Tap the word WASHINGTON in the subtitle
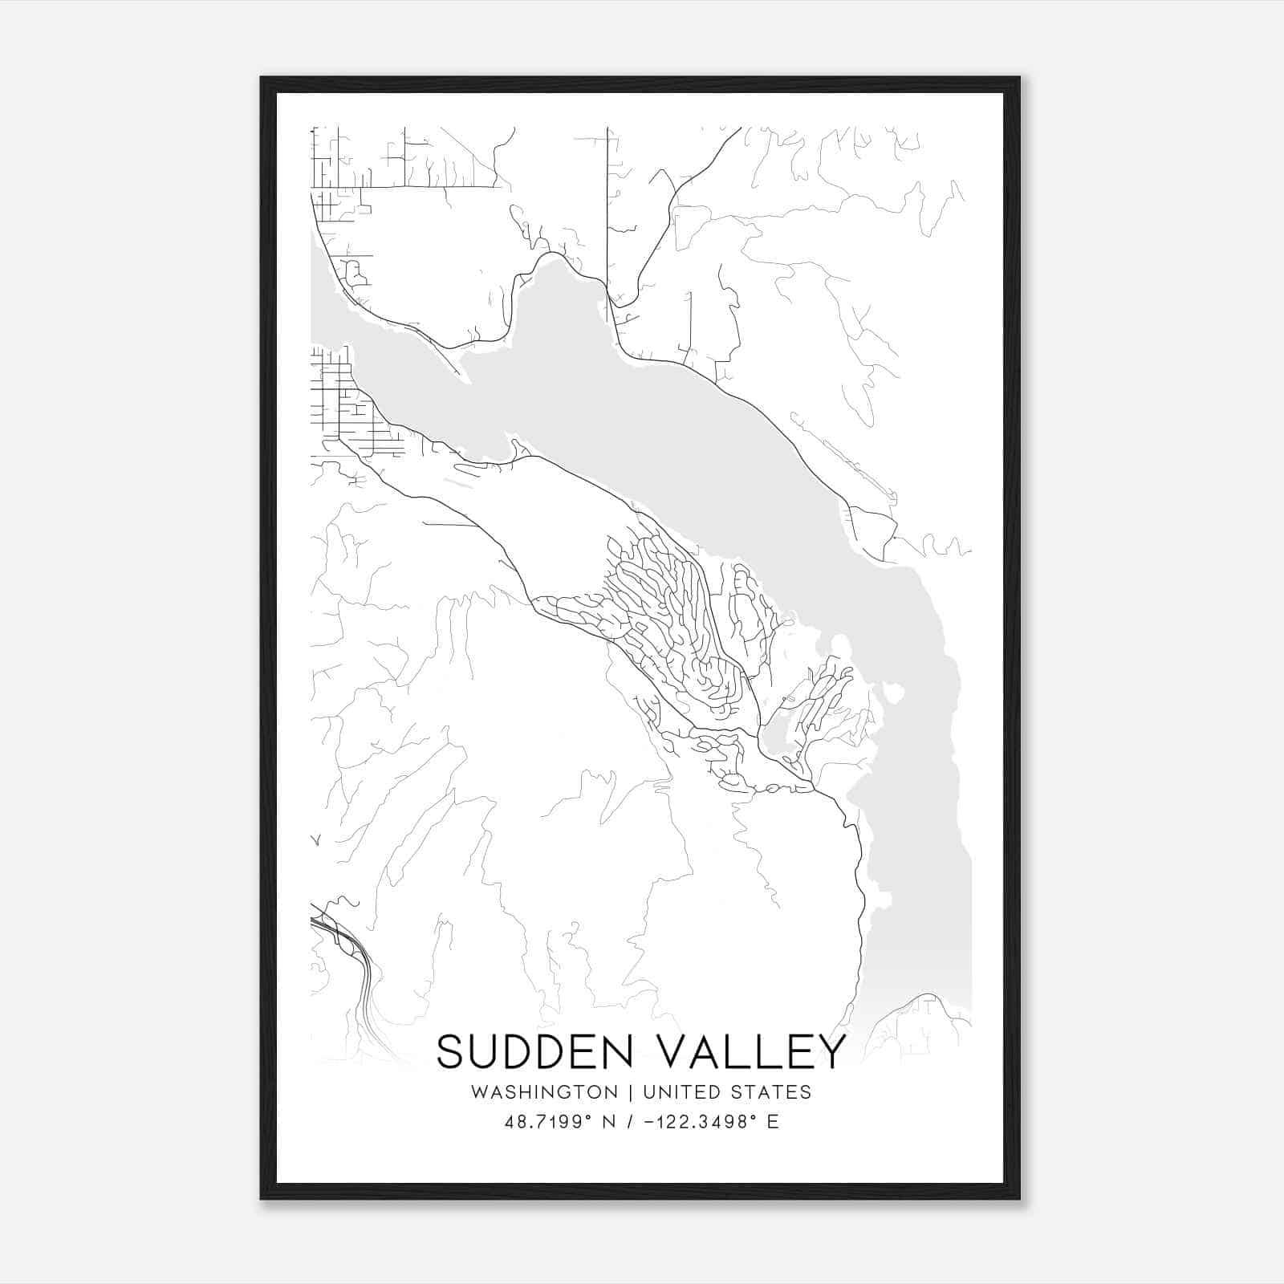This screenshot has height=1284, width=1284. (544, 1092)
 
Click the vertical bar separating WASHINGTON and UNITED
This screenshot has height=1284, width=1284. (630, 1092)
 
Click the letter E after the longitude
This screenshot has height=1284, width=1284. (773, 1122)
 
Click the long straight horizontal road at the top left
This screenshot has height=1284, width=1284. (405, 187)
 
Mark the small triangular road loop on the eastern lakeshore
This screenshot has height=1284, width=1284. (872, 531)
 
